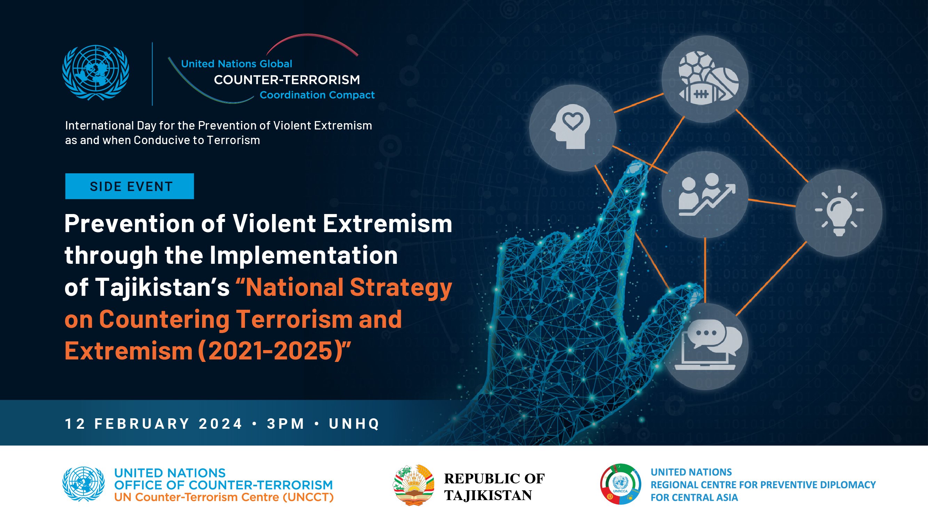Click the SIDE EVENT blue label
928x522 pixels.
point(129,186)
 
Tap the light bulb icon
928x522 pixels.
point(839,211)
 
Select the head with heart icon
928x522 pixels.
point(572,129)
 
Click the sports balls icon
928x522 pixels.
point(705,79)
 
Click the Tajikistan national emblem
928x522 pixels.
point(413,485)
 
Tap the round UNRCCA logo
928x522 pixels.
point(621,484)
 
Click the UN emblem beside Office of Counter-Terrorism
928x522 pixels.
point(84,484)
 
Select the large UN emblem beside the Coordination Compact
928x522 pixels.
point(96,73)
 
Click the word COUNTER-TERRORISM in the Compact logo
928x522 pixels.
point(287,80)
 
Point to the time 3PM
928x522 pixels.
point(286,424)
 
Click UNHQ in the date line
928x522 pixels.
point(354,424)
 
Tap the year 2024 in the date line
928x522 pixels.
point(221,424)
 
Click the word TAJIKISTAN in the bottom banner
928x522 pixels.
point(488,495)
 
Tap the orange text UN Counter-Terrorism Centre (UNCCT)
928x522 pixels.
point(224,498)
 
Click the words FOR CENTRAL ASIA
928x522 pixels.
point(694,498)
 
